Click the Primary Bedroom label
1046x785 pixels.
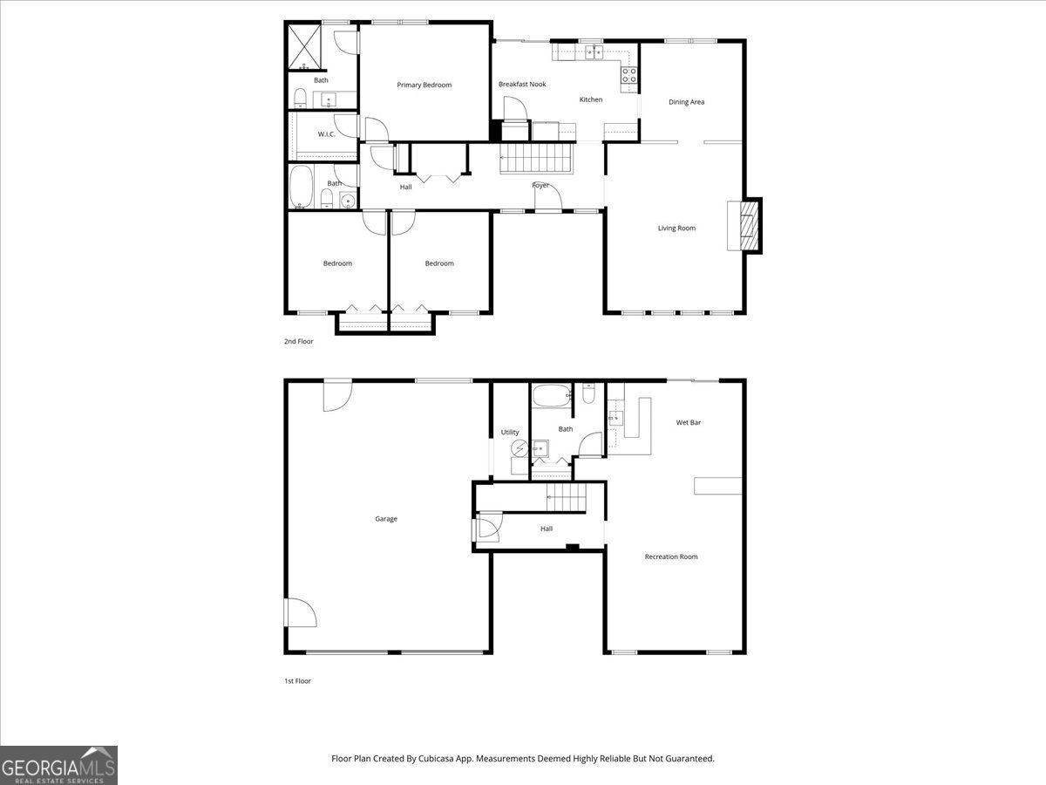tap(424, 85)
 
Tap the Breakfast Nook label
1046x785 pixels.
tap(522, 84)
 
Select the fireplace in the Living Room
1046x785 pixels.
tap(745, 226)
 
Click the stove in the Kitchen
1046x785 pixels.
tap(628, 76)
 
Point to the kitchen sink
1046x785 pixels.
tap(594, 52)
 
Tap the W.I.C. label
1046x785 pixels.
tap(326, 133)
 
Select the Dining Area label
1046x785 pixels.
tap(686, 102)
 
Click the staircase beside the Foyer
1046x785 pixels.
tap(534, 158)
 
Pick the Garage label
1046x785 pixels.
tap(386, 519)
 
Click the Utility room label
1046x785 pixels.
tap(510, 432)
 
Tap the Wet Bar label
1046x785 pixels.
tap(689, 422)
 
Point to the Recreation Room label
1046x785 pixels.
tap(670, 556)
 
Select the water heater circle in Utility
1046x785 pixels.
tap(520, 449)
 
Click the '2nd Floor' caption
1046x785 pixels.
tap(298, 341)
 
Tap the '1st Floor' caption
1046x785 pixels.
tap(297, 680)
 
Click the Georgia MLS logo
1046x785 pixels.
tap(58, 765)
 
